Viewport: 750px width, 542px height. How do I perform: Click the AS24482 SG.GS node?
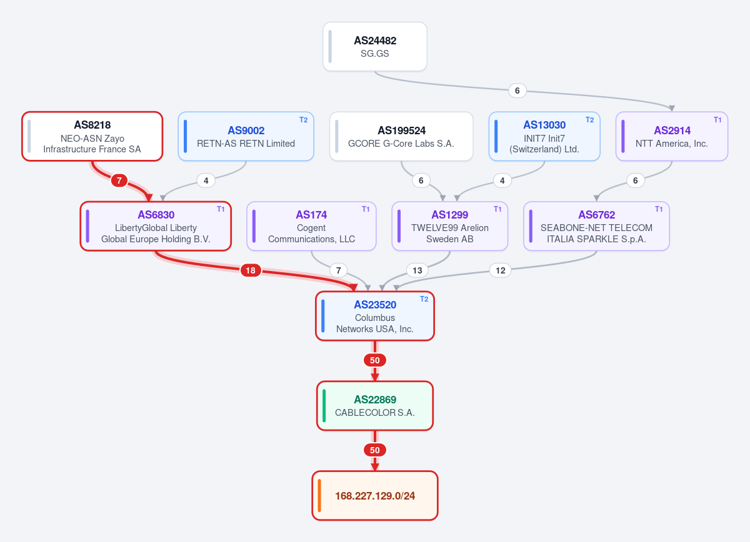pyautogui.click(x=374, y=46)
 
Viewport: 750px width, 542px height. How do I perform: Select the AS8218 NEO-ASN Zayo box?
pyautogui.click(x=92, y=137)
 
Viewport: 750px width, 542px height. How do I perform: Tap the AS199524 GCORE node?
pyautogui.click(x=401, y=137)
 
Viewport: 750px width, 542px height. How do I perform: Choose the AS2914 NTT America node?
pyautogui.click(x=672, y=137)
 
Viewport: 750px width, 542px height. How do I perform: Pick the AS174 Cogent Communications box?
pyautogui.click(x=311, y=226)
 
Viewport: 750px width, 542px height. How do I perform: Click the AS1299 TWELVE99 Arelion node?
pyautogui.click(x=449, y=226)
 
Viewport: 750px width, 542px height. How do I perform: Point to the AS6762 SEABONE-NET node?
pyautogui.click(x=596, y=226)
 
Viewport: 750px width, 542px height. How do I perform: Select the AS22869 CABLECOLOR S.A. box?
pyautogui.click(x=374, y=406)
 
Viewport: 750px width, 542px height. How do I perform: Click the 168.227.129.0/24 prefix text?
pyautogui.click(x=375, y=496)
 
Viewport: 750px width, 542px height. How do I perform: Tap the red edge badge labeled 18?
pyautogui.click(x=251, y=270)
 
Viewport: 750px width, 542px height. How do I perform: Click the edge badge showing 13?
pyautogui.click(x=417, y=270)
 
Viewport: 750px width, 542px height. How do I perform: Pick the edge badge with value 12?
pyautogui.click(x=500, y=270)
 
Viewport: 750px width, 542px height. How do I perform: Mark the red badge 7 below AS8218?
pyautogui.click(x=119, y=180)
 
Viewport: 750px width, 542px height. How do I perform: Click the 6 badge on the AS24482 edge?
pyautogui.click(x=517, y=91)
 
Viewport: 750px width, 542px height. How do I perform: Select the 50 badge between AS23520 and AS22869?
pyautogui.click(x=374, y=360)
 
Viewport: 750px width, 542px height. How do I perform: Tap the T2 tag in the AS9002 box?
pyautogui.click(x=303, y=120)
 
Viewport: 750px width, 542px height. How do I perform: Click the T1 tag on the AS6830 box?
pyautogui.click(x=221, y=209)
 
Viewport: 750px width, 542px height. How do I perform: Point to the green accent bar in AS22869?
pyautogui.click(x=324, y=406)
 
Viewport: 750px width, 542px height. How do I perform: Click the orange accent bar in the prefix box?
pyautogui.click(x=319, y=496)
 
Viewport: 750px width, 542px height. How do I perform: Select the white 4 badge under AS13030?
pyautogui.click(x=502, y=180)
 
